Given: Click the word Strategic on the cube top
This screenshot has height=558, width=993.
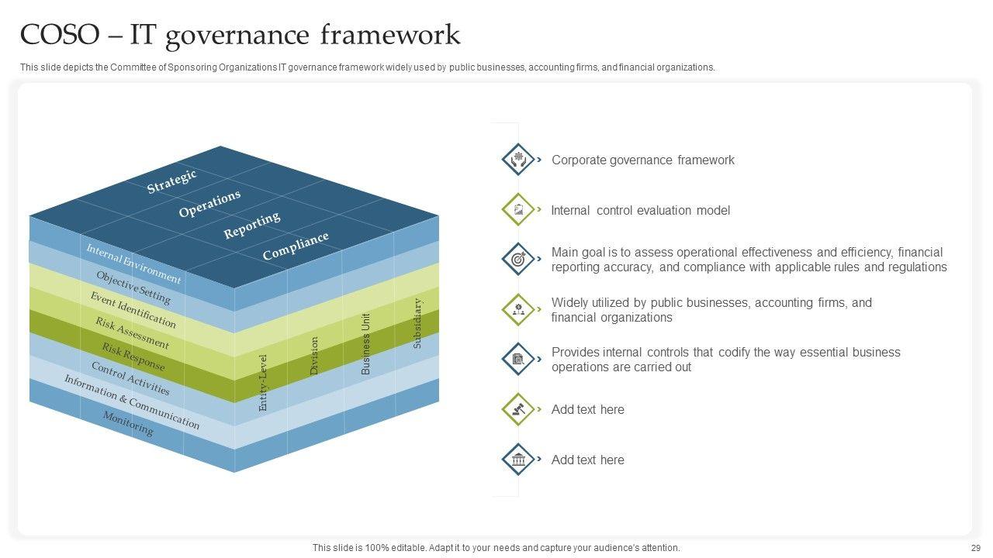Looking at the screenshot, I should coord(172,181).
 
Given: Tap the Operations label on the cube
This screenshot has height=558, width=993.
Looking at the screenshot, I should coord(209,203).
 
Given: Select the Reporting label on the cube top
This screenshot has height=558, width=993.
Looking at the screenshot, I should coord(252,226).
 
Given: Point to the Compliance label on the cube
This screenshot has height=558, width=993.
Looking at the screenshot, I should coord(296,246).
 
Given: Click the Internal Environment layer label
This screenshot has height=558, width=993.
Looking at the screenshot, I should coord(133,263).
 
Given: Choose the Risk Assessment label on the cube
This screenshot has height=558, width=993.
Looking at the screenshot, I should coord(132,332).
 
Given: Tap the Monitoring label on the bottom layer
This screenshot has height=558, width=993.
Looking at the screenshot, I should coord(128,423).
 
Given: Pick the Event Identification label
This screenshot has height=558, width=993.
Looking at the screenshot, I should coord(133,309).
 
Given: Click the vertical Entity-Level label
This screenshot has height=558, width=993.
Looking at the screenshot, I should coord(263,382).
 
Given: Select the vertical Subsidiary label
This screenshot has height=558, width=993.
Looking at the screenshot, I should coord(417,323).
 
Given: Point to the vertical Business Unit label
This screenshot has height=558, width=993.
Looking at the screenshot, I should coord(366,343).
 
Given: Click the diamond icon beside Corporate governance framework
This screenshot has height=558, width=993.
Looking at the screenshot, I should coord(517,160).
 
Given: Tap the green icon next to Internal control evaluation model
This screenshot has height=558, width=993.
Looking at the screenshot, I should coord(517,210).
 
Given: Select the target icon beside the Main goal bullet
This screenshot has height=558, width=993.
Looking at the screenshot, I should coord(517,260).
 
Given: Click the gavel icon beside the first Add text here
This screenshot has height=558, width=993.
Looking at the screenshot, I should coord(517,409).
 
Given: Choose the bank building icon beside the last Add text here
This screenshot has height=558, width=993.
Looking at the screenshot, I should coord(517,460).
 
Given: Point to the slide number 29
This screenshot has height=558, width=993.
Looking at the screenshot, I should coord(975,548).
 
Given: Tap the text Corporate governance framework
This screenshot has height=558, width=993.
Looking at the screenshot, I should coord(642,160).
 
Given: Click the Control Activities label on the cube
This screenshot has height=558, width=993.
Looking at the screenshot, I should coord(130,378).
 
